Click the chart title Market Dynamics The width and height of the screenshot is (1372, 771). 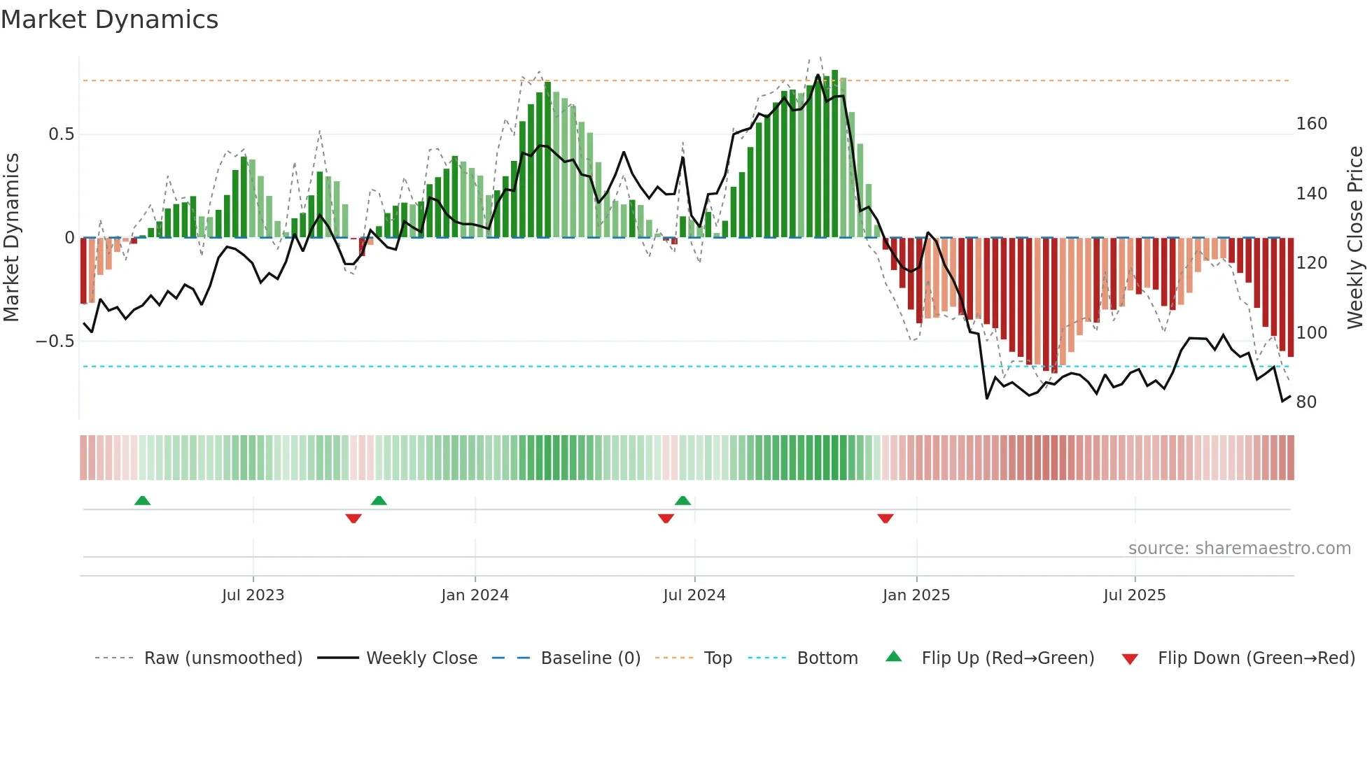109,20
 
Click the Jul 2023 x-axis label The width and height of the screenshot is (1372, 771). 253,595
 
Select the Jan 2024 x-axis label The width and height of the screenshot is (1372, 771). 475,595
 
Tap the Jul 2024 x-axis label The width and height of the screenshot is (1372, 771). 694,595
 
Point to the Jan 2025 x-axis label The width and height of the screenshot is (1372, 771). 916,595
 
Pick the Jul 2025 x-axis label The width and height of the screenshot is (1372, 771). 1134,595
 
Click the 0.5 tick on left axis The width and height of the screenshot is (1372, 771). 61,134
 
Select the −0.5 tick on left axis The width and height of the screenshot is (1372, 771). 55,341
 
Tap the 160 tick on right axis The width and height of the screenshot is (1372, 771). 1311,124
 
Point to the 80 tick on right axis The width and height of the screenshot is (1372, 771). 1306,402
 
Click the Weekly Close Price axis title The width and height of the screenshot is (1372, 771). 1355,238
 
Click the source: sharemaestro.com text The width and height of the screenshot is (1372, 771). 1239,549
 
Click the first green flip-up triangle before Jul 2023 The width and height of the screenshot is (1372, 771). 142,500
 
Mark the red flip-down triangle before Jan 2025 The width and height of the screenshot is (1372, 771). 885,518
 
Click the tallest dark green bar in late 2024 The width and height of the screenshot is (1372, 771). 834,154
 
